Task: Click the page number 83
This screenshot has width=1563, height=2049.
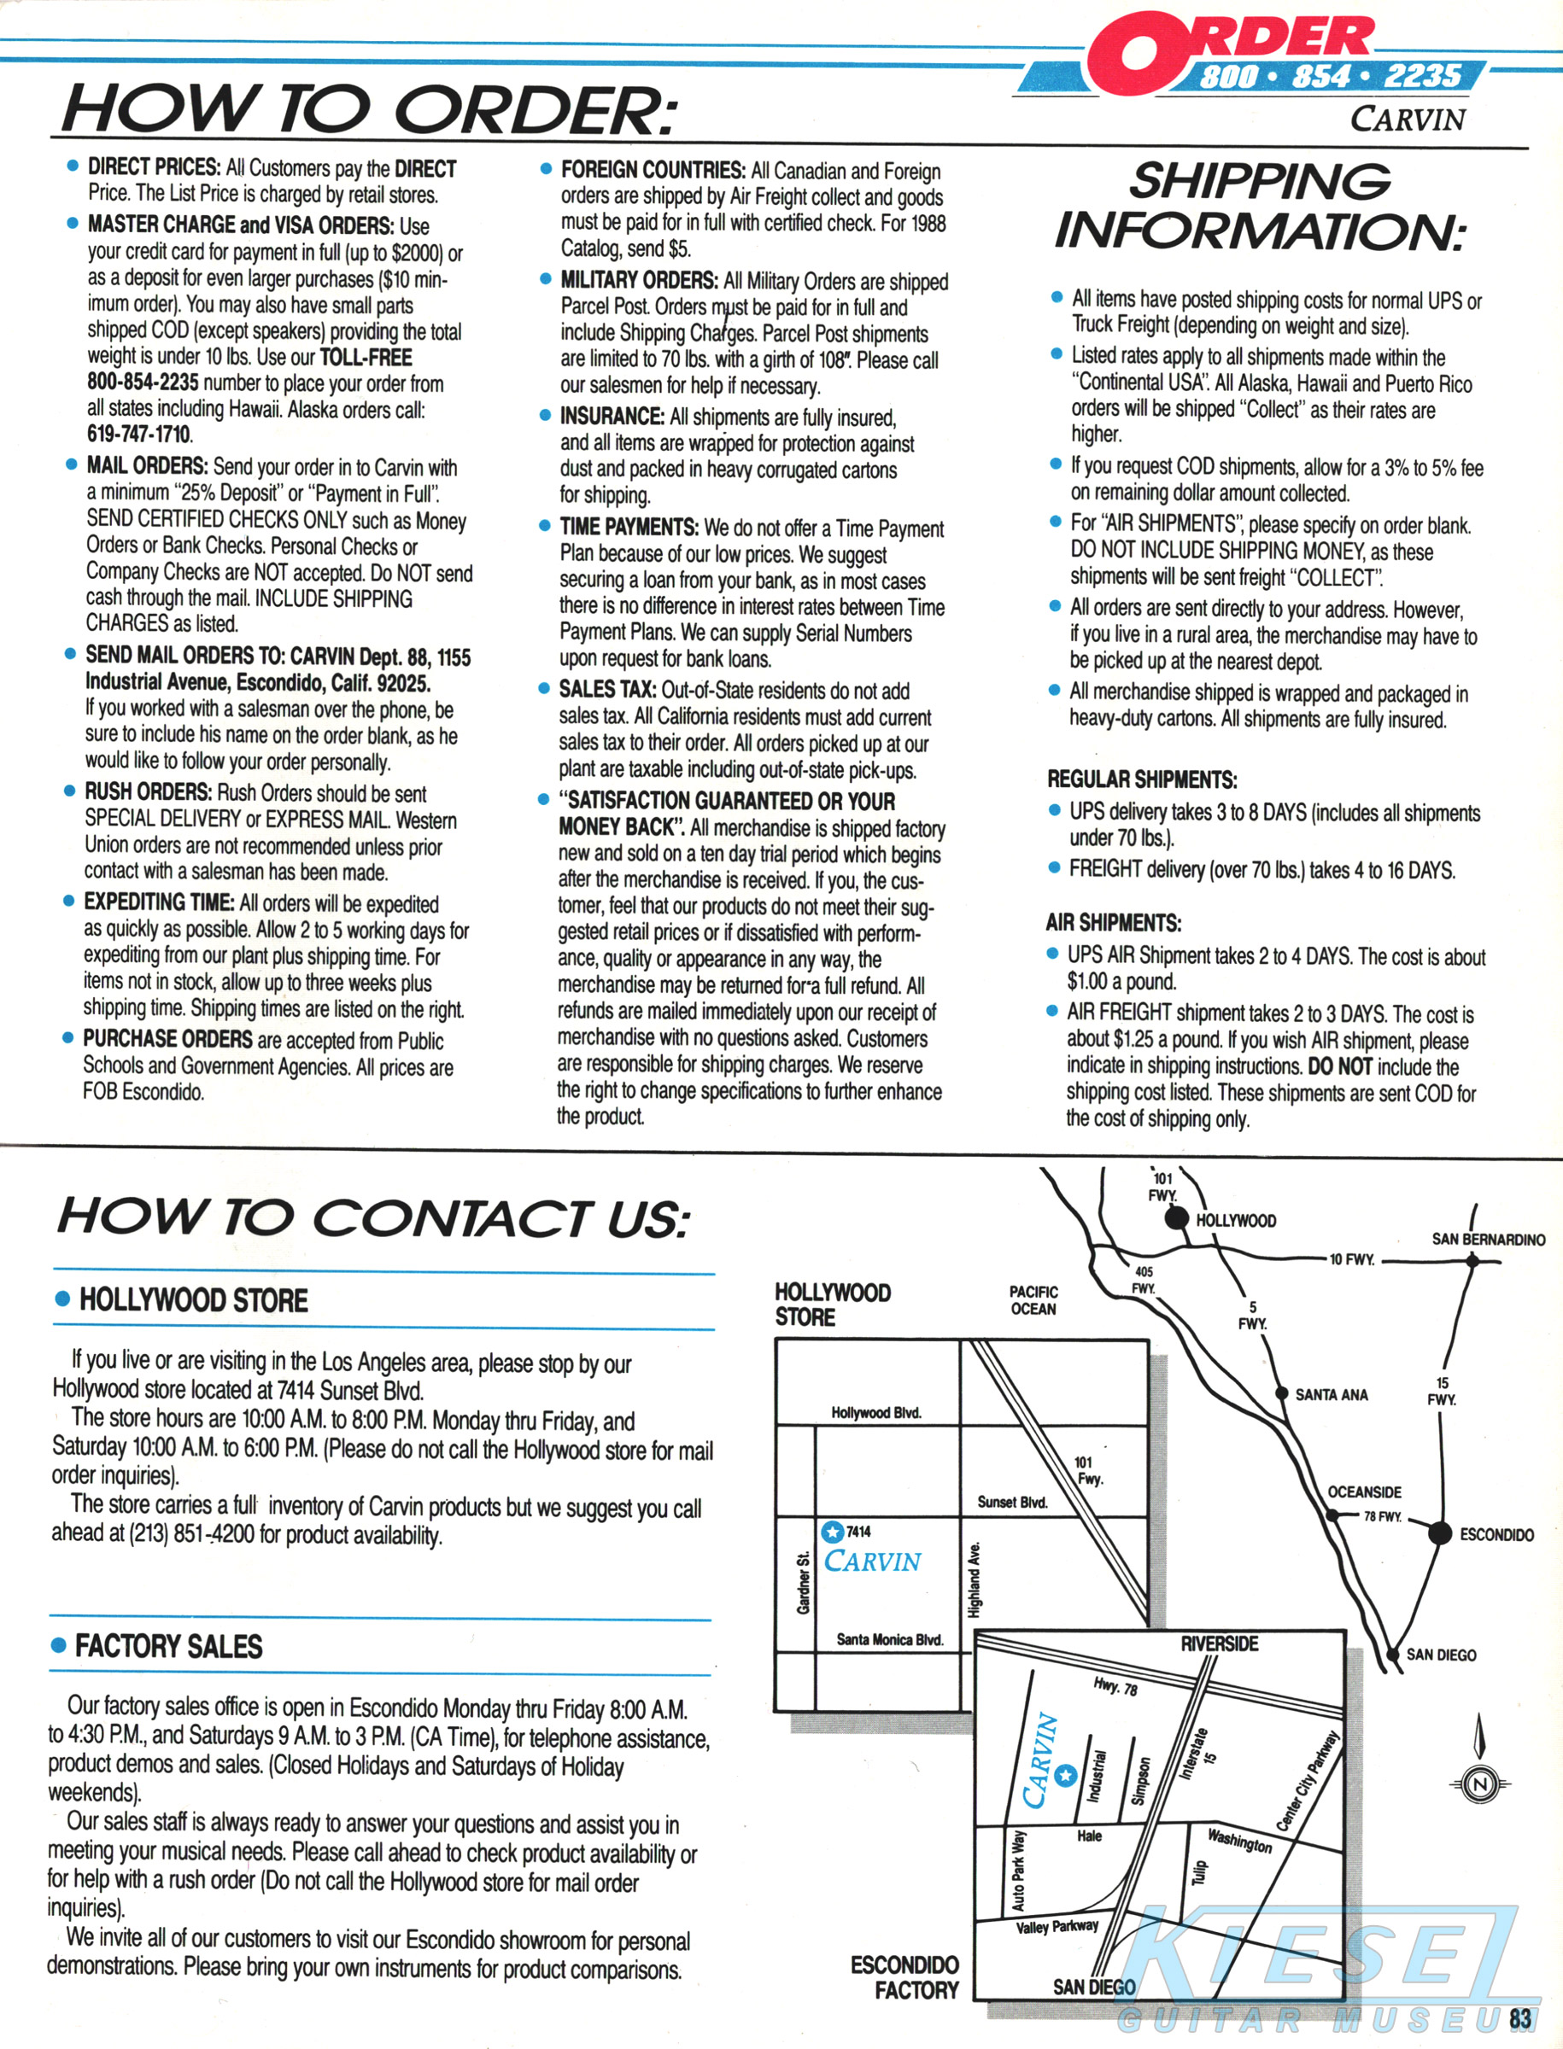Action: (1520, 2017)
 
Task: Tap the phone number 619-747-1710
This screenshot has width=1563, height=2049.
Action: (139, 435)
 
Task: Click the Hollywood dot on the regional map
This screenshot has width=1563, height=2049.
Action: (1178, 1217)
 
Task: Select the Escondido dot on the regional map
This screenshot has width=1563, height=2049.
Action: (1439, 1532)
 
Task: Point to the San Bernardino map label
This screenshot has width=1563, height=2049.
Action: (1488, 1239)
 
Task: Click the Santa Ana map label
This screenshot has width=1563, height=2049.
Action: (1332, 1394)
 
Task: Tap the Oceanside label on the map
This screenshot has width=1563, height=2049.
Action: (1364, 1492)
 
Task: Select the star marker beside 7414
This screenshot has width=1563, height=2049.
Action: (833, 1531)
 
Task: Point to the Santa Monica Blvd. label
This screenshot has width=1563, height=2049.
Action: (889, 1639)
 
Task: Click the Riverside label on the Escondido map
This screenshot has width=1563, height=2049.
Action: (1219, 1643)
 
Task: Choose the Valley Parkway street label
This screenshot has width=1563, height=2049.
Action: (1057, 1926)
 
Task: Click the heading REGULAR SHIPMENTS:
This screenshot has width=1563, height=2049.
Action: (1142, 779)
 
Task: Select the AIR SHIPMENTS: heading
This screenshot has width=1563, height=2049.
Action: (1113, 923)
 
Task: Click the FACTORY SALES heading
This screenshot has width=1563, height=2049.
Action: (168, 1646)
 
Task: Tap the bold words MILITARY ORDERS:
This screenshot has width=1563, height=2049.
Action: (638, 281)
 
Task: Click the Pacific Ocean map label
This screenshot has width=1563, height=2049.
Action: (1033, 1300)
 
